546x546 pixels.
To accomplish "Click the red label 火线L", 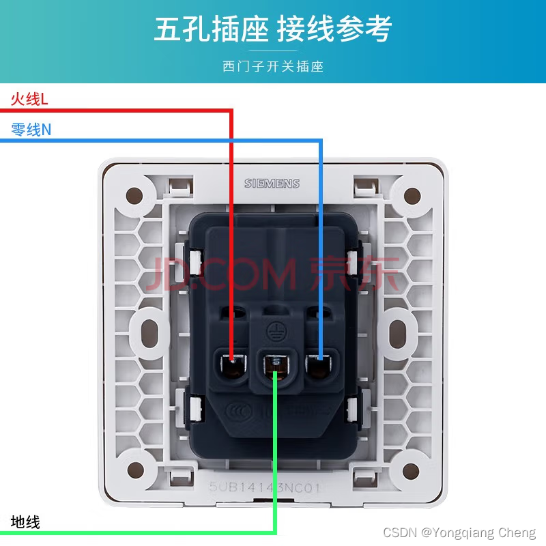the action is (29, 100).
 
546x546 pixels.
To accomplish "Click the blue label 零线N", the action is (31, 129).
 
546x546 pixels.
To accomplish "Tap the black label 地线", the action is (25, 523).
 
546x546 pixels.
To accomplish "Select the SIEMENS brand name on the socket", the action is (272, 184).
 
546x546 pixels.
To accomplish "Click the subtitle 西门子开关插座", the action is (273, 66).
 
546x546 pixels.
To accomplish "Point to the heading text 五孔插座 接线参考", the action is (273, 29).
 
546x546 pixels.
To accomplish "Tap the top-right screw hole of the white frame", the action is (412, 197).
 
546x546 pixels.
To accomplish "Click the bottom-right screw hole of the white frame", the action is (412, 470).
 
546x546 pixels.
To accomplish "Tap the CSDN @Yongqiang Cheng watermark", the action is (459, 532).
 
